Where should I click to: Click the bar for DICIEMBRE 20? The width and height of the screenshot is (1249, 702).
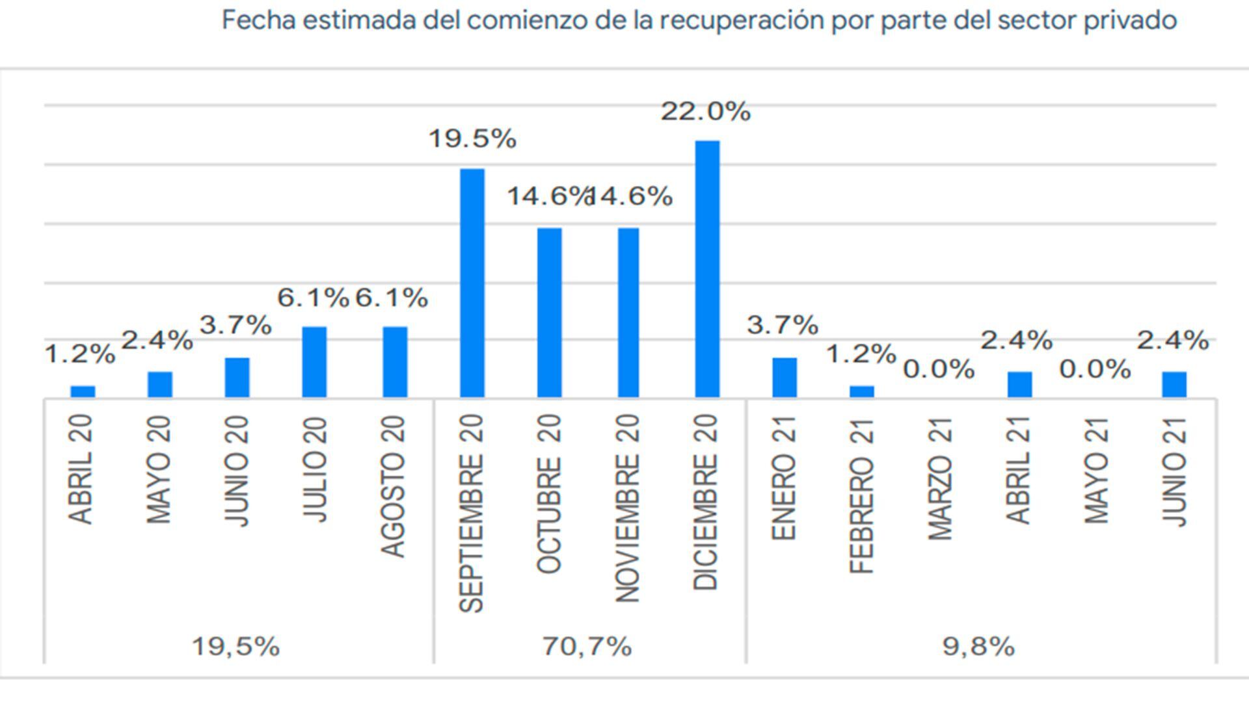click(707, 268)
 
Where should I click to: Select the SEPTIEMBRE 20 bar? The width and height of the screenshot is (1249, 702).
click(472, 283)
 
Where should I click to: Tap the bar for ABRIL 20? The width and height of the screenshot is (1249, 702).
click(83, 391)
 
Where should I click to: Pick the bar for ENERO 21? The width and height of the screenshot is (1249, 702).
click(785, 377)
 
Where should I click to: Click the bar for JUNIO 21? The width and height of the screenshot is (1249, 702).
click(1174, 384)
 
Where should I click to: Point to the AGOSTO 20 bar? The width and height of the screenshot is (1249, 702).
click(395, 361)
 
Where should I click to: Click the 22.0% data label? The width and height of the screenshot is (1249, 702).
click(706, 112)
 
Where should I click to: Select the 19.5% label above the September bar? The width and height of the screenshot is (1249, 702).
click(472, 139)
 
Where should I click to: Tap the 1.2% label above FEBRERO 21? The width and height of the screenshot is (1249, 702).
click(861, 354)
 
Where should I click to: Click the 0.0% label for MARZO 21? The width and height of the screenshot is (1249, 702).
click(939, 370)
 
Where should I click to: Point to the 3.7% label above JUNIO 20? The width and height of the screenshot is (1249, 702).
click(235, 325)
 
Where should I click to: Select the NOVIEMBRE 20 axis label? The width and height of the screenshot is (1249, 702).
click(628, 509)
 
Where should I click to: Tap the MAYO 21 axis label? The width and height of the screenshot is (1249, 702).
click(1097, 470)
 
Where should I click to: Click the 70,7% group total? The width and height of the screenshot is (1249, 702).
click(587, 647)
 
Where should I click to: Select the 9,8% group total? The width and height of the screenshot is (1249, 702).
click(978, 647)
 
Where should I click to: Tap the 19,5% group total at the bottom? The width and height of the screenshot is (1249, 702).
click(235, 647)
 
